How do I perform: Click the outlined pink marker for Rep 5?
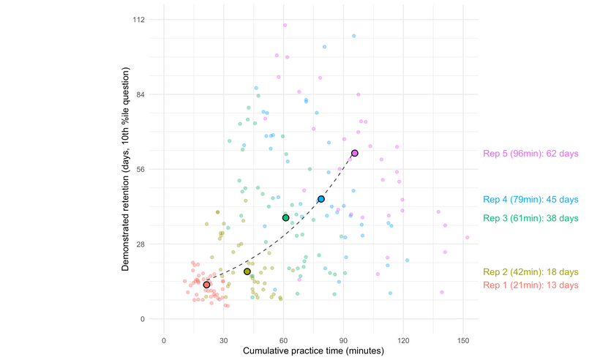point(355,153)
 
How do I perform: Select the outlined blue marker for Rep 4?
point(320,199)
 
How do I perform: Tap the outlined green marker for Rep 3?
point(286,218)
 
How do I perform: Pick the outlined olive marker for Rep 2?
point(247,271)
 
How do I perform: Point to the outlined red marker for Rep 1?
point(206,285)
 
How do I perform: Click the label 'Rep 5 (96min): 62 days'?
point(530,154)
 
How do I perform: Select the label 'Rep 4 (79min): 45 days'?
point(530,200)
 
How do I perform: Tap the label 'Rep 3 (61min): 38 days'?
point(530,218)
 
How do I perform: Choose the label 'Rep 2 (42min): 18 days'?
point(530,272)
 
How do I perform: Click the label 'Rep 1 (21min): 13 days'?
point(530,285)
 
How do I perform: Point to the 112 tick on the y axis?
point(138,20)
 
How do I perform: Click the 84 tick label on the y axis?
point(139,94)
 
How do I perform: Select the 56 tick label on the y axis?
point(139,169)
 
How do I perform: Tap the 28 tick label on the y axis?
point(139,244)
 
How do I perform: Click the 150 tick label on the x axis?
point(463,340)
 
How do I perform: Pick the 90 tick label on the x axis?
point(343,340)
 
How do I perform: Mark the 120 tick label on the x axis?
point(403,340)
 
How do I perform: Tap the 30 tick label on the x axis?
point(224,340)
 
